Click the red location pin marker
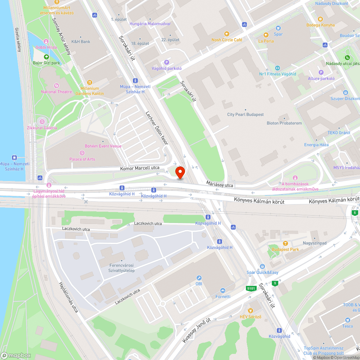(180, 172)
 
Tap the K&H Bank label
(81, 41)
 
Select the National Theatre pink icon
(56, 86)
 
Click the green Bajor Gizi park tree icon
(46, 57)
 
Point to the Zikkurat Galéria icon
(42, 122)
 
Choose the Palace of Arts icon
(82, 153)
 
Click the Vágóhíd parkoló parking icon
(166, 62)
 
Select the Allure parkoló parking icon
(321, 72)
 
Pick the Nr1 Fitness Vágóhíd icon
(277, 68)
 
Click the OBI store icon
(199, 278)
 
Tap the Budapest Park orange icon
(285, 243)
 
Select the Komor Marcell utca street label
(140, 168)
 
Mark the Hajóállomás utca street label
(68, 297)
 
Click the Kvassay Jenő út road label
(196, 330)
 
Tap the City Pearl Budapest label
(246, 114)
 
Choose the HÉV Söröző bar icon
(251, 311)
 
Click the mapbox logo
(16, 355)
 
